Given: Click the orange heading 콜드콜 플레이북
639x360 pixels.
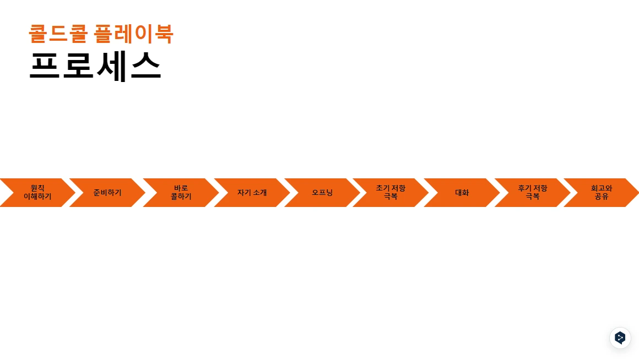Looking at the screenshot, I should pyautogui.click(x=101, y=34).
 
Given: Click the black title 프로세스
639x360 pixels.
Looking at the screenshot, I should pyautogui.click(x=95, y=66).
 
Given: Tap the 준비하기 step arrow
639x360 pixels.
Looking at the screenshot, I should pyautogui.click(x=107, y=193).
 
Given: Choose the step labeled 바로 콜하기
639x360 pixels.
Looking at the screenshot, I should pyautogui.click(x=181, y=193).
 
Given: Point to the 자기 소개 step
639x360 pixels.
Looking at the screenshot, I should pyautogui.click(x=252, y=193).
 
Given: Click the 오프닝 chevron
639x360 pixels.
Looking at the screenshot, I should pyautogui.click(x=322, y=193).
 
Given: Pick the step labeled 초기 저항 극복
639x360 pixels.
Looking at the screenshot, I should pyautogui.click(x=391, y=193).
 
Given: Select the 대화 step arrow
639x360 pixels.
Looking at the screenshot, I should pyautogui.click(x=462, y=193).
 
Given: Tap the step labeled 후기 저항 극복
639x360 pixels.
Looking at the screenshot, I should pyautogui.click(x=532, y=193).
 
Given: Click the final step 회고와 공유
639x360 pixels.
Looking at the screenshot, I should pyautogui.click(x=602, y=193).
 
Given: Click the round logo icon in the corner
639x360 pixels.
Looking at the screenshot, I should pyautogui.click(x=620, y=338).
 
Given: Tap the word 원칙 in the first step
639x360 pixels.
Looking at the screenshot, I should pyautogui.click(x=37, y=188).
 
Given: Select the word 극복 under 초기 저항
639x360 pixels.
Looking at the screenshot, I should pyautogui.click(x=391, y=197).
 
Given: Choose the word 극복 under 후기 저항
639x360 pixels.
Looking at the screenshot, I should pyautogui.click(x=532, y=197).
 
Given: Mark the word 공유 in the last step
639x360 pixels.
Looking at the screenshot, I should pyautogui.click(x=602, y=197).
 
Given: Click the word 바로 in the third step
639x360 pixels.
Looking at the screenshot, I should pyautogui.click(x=181, y=188).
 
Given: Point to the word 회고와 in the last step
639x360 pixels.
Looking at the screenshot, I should pyautogui.click(x=602, y=188).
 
